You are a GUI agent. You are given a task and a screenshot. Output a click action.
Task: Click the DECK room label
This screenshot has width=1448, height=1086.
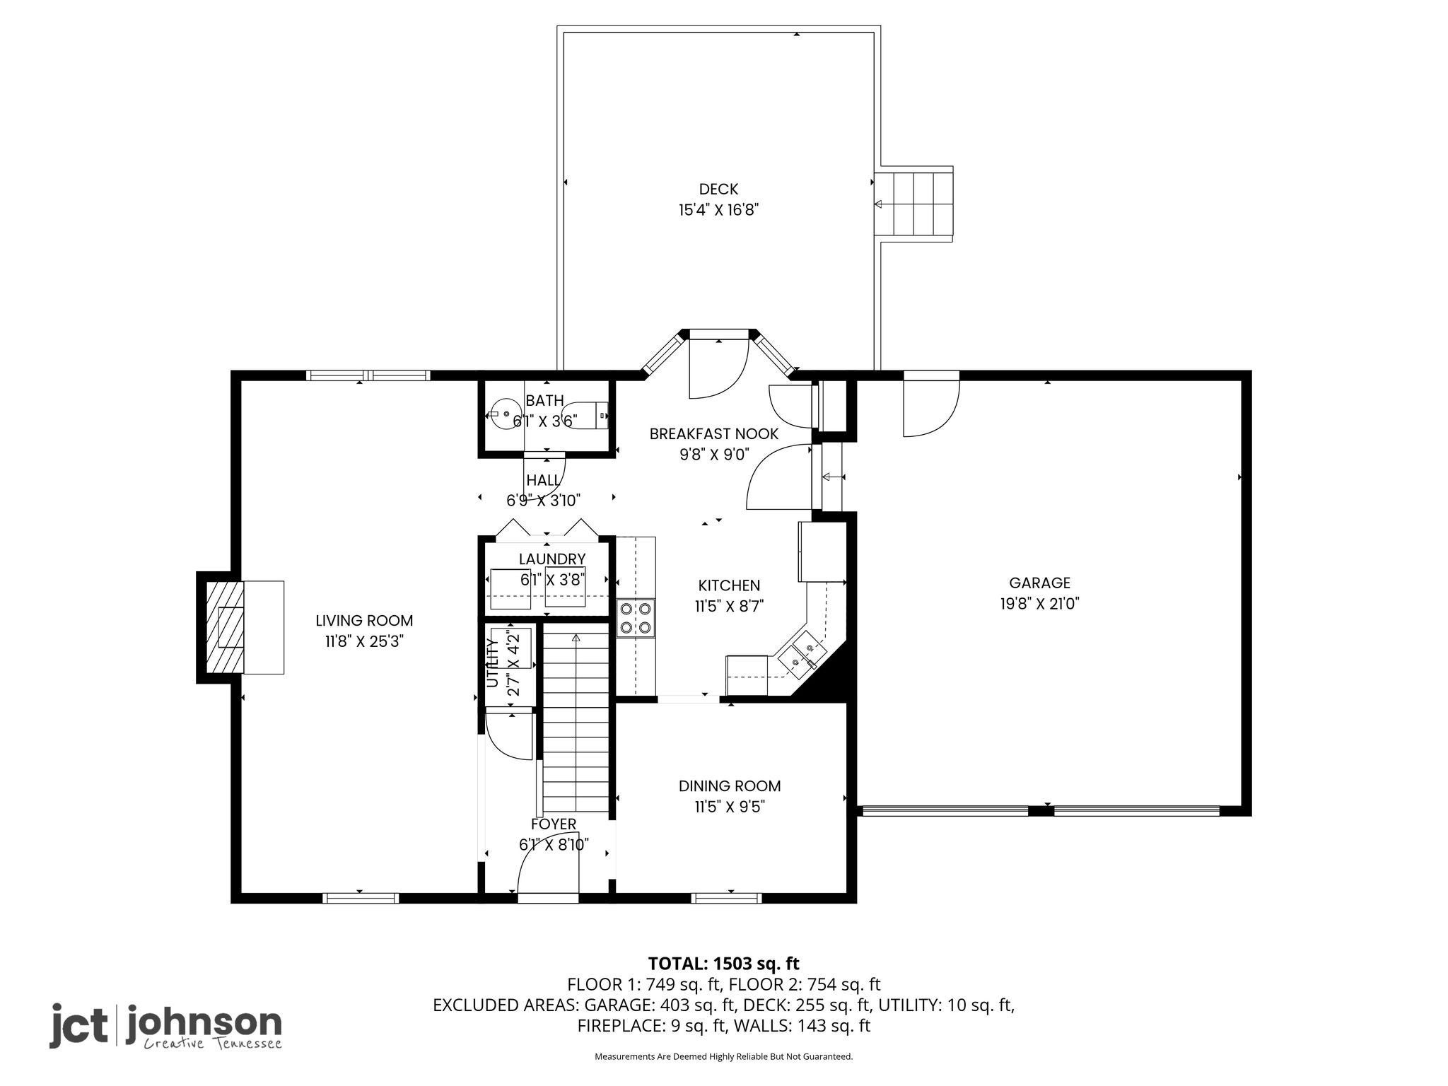[x=718, y=189]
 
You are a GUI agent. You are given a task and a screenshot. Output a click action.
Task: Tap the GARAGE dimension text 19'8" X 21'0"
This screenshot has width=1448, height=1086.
[x=1039, y=604]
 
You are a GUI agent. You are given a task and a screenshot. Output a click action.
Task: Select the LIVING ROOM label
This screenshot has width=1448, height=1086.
[x=364, y=621]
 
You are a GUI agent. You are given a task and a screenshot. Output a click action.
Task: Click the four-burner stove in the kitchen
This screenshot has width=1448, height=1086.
[x=636, y=618]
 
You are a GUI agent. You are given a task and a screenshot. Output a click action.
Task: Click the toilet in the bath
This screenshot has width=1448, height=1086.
[x=584, y=415]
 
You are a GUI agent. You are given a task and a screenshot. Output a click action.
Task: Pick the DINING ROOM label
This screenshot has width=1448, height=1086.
[x=730, y=786]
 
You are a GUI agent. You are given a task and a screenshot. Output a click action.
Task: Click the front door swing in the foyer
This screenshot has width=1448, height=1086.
[x=548, y=868]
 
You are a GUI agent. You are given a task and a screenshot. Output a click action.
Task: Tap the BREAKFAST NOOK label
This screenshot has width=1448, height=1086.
[x=714, y=434]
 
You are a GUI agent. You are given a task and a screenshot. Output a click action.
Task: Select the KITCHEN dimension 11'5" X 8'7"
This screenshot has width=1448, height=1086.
[x=730, y=607]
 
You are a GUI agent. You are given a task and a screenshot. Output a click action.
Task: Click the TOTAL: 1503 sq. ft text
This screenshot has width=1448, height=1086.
[x=724, y=964]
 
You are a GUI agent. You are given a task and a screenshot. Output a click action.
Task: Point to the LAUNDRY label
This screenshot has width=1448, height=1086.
[x=552, y=559]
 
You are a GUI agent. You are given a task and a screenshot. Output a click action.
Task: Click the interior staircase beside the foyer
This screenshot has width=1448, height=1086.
[x=576, y=722]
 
